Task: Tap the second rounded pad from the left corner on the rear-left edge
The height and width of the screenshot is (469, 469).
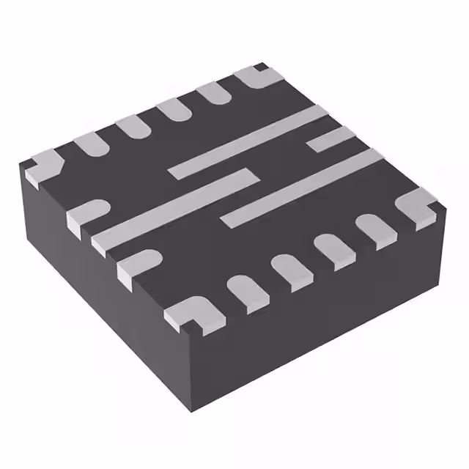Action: point(134,125)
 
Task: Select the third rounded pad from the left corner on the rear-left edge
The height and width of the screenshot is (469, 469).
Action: point(175,109)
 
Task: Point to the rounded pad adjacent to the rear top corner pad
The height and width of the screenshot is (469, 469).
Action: point(215,92)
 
